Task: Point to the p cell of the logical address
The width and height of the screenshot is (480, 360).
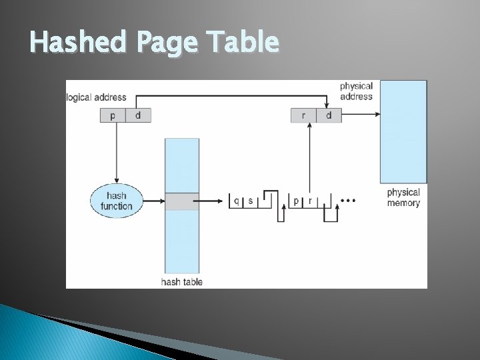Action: [x=113, y=115]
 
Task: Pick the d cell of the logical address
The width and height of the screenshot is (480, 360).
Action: [x=138, y=115]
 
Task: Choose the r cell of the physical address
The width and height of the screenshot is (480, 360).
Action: [x=304, y=115]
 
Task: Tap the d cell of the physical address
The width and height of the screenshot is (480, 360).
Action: [x=329, y=115]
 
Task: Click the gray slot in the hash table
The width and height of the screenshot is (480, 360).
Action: [x=182, y=201]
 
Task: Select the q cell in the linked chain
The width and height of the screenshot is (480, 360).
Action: [x=235, y=201]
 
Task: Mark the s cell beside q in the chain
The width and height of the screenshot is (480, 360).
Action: [x=250, y=201]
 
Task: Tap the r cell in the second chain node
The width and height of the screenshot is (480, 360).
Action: [x=310, y=201]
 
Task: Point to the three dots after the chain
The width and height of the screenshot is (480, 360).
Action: [x=349, y=199]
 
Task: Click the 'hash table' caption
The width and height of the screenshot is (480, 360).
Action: [x=182, y=281]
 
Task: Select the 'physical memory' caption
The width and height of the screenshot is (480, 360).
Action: [x=403, y=198]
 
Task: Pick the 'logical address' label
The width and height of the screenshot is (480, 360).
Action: [x=97, y=97]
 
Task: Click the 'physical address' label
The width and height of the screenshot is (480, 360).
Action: [x=356, y=91]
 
